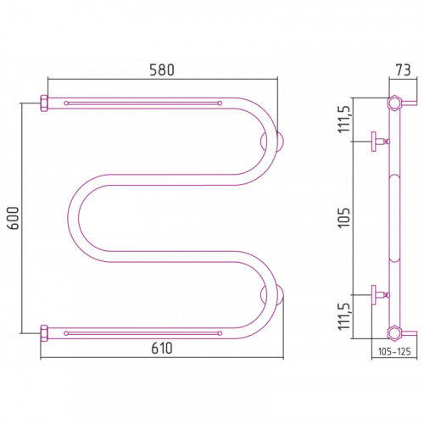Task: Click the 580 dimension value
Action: pyautogui.click(x=162, y=70)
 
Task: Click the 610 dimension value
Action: pyautogui.click(x=162, y=348)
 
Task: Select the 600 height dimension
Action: pyautogui.click(x=13, y=218)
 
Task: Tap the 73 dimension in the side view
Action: pyautogui.click(x=403, y=70)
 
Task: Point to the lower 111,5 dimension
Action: pyautogui.click(x=344, y=316)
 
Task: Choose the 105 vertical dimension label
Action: pyautogui.click(x=344, y=218)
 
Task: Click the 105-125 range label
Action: pyautogui.click(x=394, y=351)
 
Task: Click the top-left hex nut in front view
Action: pyautogui.click(x=44, y=103)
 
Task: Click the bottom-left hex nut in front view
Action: pyautogui.click(x=44, y=333)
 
